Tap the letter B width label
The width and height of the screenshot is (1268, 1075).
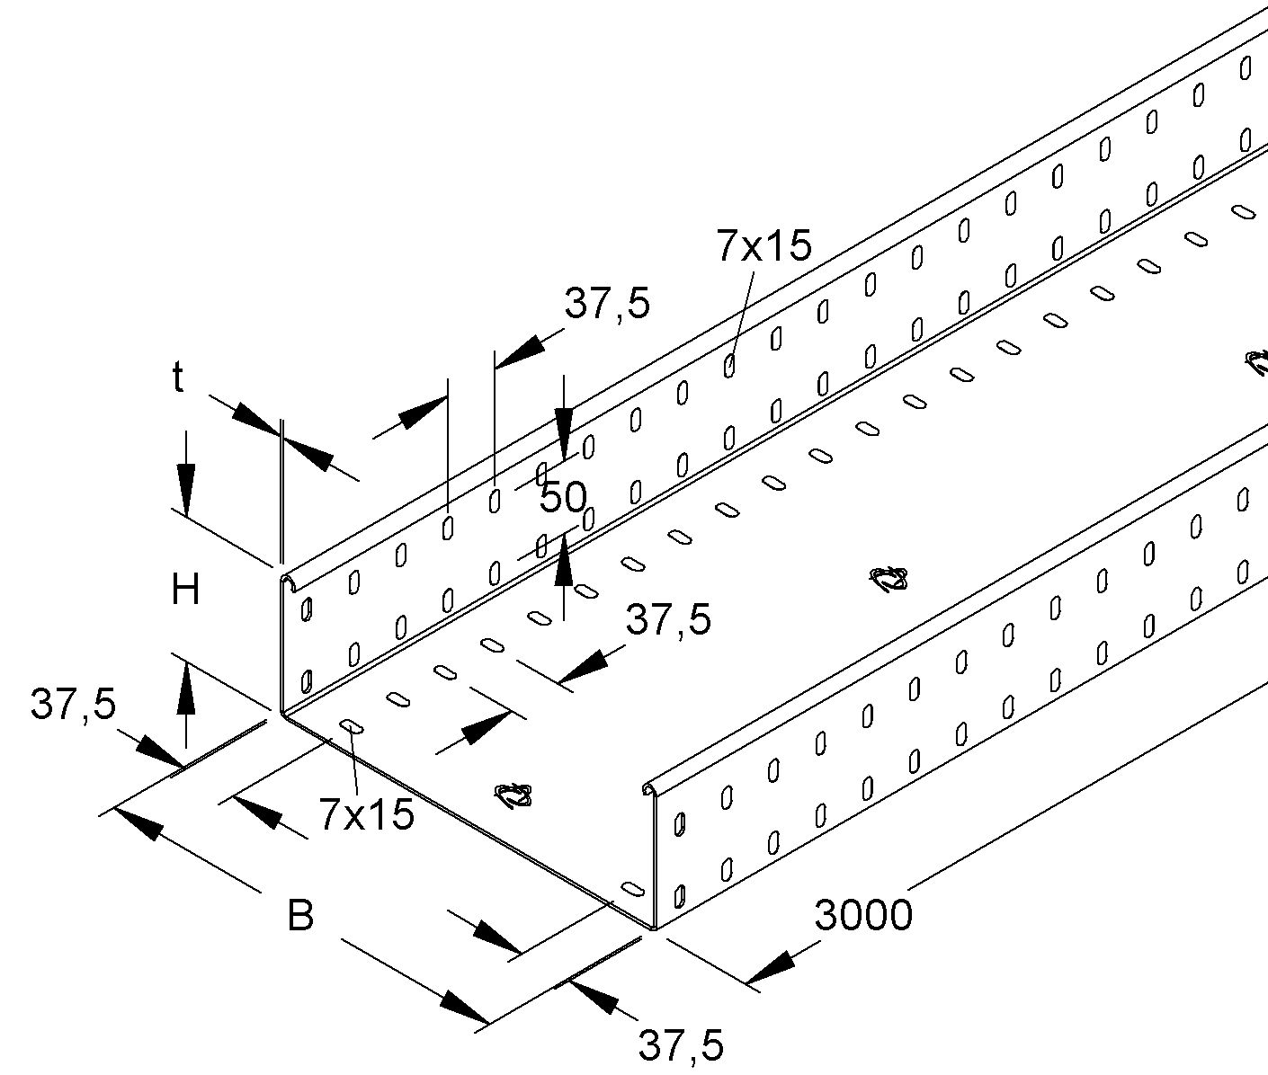pyautogui.click(x=300, y=917)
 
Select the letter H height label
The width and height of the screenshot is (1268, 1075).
pyautogui.click(x=186, y=591)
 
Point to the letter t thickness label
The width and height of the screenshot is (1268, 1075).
pyautogui.click(x=178, y=379)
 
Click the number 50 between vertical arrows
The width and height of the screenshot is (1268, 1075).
pyautogui.click(x=563, y=497)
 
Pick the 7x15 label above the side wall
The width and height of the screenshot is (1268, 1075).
pyautogui.click(x=763, y=245)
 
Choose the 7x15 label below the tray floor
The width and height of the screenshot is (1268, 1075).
pyautogui.click(x=366, y=814)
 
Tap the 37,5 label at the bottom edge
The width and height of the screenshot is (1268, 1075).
pyautogui.click(x=681, y=1046)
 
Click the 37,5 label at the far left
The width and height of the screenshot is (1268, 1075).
pyautogui.click(x=74, y=705)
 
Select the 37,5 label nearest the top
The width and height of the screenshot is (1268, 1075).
pyautogui.click(x=607, y=305)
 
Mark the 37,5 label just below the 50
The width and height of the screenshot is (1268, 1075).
pyautogui.click(x=668, y=619)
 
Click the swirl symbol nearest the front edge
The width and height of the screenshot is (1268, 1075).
pyautogui.click(x=513, y=795)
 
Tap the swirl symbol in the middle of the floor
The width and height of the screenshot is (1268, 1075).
pyautogui.click(x=889, y=580)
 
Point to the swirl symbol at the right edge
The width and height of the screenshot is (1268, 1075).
pyautogui.click(x=1256, y=362)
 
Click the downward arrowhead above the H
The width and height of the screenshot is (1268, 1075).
pyautogui.click(x=185, y=490)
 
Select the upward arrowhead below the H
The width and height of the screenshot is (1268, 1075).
pyautogui.click(x=185, y=688)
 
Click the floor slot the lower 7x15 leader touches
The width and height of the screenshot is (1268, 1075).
pyautogui.click(x=351, y=726)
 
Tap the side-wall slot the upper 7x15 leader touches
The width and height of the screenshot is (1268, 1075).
pyautogui.click(x=729, y=366)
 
